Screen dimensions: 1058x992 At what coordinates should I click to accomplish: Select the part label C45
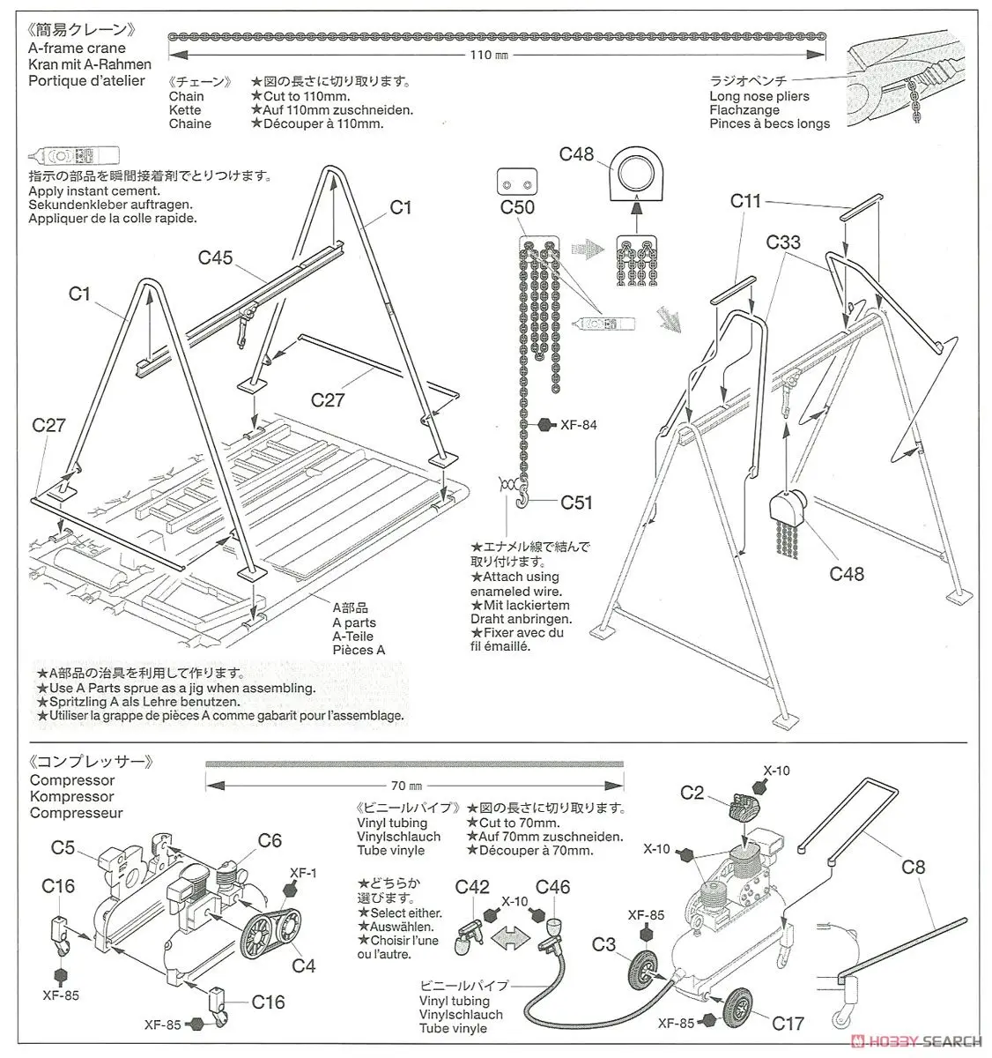[215, 257]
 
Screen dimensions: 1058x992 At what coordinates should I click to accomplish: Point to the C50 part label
[517, 208]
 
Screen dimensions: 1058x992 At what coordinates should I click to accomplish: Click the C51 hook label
[577, 503]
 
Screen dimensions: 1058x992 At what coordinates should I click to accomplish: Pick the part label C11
[745, 201]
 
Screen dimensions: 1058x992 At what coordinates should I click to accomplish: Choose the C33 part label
[783, 242]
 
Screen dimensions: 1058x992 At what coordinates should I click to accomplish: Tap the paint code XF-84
[578, 425]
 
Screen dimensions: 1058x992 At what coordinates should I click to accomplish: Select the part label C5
[63, 847]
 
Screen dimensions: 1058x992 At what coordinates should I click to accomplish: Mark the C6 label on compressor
[270, 840]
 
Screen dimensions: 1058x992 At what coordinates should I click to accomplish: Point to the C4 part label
[303, 965]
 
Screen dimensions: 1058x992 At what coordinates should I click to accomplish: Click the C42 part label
[472, 886]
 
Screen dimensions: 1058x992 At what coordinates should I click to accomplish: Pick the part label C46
[552, 886]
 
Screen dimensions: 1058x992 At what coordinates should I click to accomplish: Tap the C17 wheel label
[788, 1024]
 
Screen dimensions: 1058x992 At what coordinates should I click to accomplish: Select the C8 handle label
[914, 867]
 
